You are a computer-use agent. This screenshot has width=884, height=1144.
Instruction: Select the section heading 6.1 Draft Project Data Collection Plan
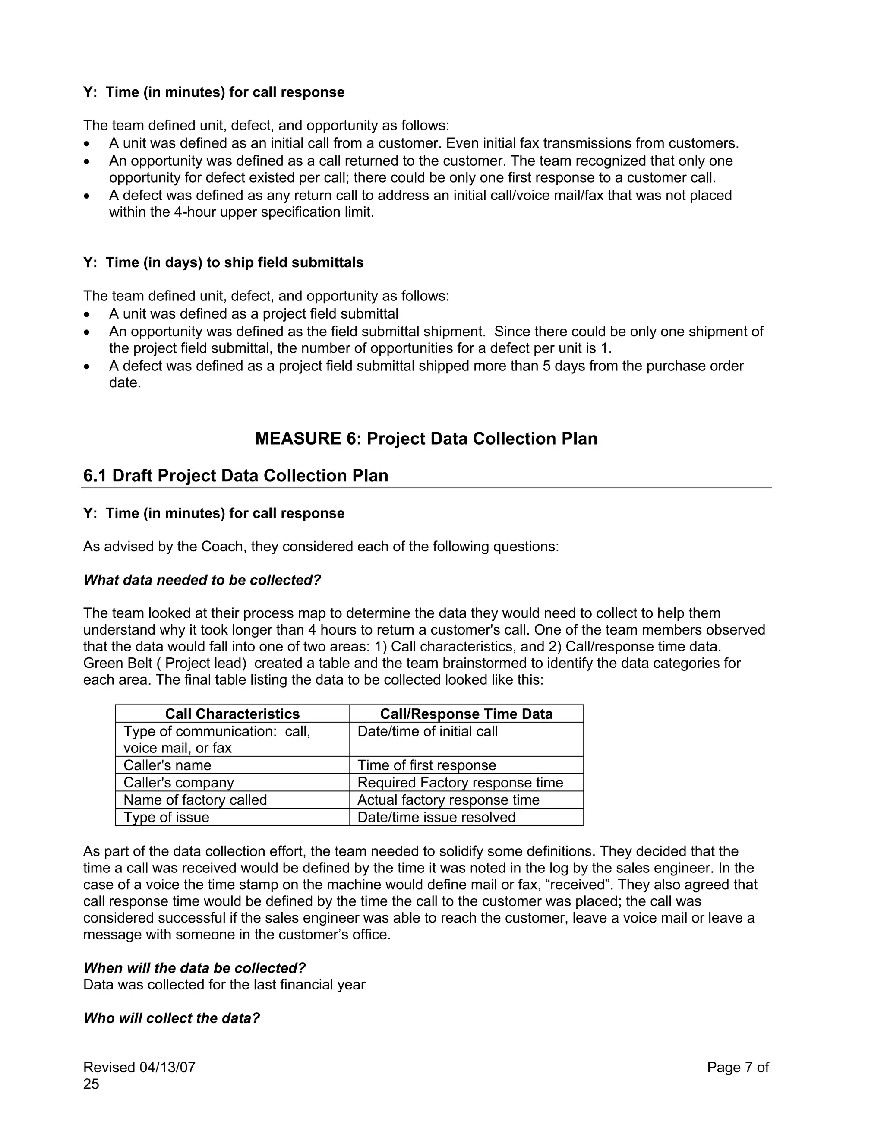[236, 476]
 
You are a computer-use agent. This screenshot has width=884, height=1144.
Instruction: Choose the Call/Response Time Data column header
[466, 714]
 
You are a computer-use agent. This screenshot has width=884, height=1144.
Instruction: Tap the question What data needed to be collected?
[202, 580]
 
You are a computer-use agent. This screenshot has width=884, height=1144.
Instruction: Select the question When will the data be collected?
[194, 968]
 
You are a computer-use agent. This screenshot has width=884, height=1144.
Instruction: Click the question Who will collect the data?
[172, 1018]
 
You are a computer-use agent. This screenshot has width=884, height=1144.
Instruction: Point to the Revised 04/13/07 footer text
[139, 1068]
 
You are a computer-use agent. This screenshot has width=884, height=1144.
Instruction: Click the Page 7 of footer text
[737, 1068]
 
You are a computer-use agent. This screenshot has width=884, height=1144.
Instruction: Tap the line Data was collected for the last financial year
[224, 985]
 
